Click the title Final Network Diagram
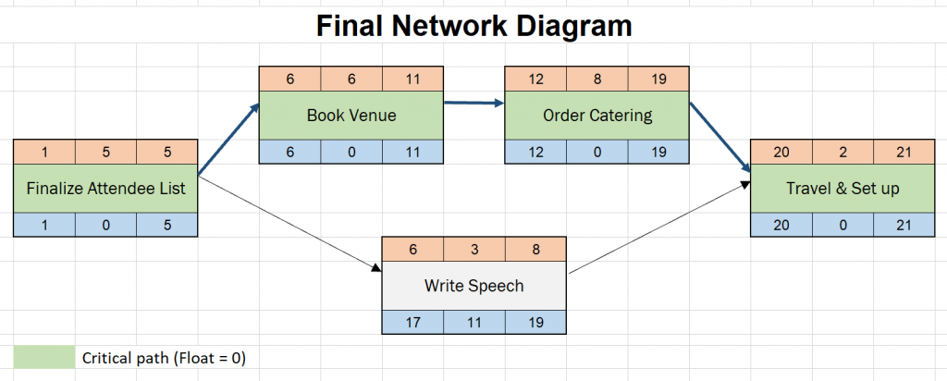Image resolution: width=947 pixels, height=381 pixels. click(x=473, y=26)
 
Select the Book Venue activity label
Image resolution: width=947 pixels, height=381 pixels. click(x=351, y=116)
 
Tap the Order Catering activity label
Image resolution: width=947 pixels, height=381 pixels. click(x=596, y=116)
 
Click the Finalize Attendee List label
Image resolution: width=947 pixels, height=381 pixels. click(x=105, y=188)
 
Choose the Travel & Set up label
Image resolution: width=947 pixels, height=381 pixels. click(x=842, y=188)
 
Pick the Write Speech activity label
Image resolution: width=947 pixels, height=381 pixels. click(x=473, y=285)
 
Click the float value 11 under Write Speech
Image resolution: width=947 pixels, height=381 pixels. click(x=473, y=321)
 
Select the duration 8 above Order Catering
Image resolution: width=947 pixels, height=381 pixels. click(x=596, y=80)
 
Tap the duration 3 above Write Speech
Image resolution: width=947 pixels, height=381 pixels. click(x=473, y=249)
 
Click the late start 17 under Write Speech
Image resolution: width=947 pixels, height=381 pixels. click(x=412, y=321)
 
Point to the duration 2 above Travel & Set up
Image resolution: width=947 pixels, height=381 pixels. click(x=842, y=152)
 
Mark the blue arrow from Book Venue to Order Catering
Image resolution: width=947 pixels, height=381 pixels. click(x=473, y=103)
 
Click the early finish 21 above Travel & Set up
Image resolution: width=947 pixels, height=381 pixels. click(x=903, y=152)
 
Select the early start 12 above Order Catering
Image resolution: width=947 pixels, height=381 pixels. click(x=535, y=80)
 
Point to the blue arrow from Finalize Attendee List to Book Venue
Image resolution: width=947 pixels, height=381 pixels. click(x=229, y=139)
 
